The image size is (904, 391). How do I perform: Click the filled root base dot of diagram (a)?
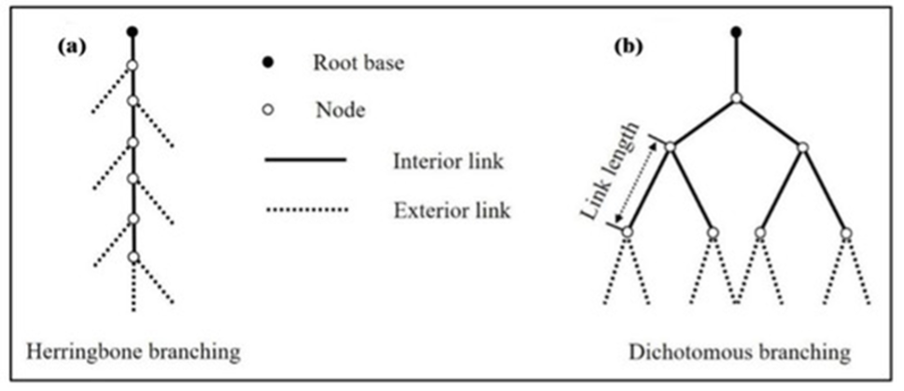132,33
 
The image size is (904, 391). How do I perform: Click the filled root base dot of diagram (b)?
736,33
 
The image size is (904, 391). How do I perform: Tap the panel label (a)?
72,45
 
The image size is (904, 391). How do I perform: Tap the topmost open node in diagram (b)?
736,98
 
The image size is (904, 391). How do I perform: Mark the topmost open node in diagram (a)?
132,65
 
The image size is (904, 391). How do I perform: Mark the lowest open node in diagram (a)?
133,256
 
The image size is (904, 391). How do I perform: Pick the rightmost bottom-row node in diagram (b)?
846,232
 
